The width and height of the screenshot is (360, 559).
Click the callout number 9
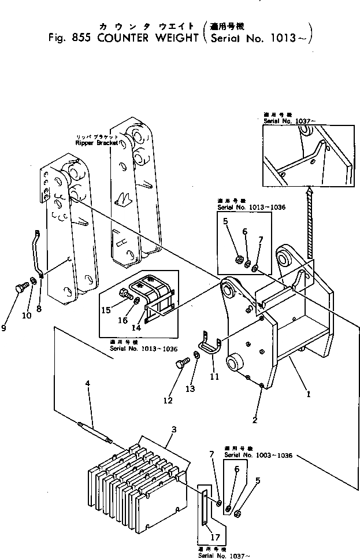click(5, 328)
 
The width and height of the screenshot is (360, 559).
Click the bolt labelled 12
click(180, 363)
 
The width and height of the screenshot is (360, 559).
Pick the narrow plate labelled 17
click(205, 506)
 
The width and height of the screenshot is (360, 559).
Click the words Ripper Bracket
click(96, 142)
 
